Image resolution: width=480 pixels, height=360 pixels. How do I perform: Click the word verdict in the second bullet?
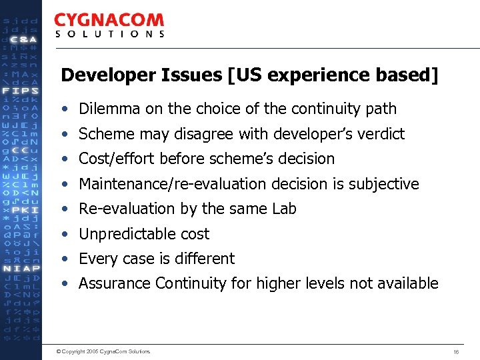(382, 134)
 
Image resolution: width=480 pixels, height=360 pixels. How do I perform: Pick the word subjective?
(387, 184)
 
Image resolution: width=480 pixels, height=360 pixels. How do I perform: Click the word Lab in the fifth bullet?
(284, 209)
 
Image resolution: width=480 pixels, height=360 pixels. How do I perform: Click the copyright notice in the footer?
(103, 351)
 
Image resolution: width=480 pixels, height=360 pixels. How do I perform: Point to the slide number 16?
(456, 351)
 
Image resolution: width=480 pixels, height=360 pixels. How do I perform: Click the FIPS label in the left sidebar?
(20, 90)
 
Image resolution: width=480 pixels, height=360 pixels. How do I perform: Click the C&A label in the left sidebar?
(24, 39)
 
